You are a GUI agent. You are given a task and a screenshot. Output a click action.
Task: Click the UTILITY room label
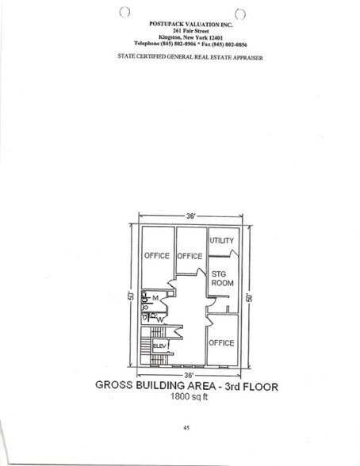point(221,239)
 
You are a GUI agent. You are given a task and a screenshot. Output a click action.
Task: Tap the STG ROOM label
point(220,279)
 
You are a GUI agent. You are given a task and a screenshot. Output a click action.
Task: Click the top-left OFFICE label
point(157,256)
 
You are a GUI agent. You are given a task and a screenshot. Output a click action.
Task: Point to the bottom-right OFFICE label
point(221,343)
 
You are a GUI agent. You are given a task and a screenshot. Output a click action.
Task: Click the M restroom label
point(156,299)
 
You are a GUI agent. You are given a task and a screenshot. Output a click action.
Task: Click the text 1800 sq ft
point(188,399)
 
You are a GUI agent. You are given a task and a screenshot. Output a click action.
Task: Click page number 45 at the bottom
point(185,429)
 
